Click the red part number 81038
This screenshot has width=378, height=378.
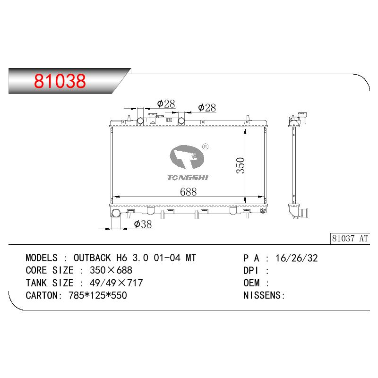[x=60, y=81]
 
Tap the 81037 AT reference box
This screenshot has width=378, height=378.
[x=350, y=239]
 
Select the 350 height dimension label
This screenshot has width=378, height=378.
[x=241, y=165]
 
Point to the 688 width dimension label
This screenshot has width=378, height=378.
[x=188, y=192]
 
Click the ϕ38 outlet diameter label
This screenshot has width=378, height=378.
[x=143, y=224]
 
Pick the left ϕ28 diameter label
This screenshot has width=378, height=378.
[x=166, y=104]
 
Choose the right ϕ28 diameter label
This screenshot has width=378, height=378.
[x=207, y=108]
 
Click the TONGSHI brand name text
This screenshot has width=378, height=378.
[x=188, y=178]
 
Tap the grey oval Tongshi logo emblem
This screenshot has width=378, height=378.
[x=187, y=157]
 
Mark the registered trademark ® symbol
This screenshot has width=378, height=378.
[x=205, y=146]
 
